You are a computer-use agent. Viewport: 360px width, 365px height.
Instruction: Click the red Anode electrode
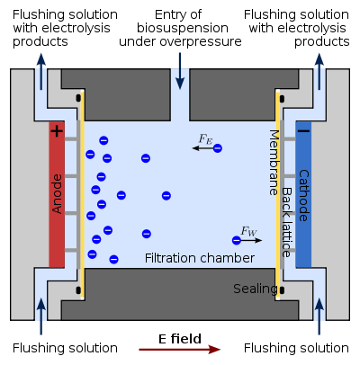57,194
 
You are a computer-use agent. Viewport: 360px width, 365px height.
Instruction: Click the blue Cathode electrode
303,194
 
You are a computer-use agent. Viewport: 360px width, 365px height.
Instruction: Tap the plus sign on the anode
57,131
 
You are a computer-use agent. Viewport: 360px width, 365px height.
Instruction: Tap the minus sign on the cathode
304,131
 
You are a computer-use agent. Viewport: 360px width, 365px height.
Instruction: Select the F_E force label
206,139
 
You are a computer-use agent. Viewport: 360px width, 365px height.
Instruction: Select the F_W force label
248,231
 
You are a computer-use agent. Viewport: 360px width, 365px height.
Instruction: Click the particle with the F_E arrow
218,148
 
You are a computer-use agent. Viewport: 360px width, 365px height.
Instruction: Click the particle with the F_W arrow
237,240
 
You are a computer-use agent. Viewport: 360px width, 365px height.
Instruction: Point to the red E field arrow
179,350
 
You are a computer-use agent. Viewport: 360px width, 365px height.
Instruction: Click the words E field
180,339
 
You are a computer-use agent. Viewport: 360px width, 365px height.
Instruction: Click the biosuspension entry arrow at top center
180,71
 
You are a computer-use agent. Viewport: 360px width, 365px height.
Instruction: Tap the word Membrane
274,163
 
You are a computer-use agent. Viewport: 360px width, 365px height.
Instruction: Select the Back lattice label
287,222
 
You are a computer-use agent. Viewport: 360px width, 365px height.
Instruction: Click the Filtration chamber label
200,258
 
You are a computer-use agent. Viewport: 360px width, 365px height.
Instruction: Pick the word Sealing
255,289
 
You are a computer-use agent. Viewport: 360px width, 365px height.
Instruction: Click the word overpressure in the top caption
201,41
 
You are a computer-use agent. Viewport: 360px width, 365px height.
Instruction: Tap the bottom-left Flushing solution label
65,348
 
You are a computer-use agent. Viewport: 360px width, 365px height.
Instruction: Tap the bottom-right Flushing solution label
296,348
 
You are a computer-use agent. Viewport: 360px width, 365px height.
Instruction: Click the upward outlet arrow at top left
41,72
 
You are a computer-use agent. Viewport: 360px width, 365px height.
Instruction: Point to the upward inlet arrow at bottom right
319,316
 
